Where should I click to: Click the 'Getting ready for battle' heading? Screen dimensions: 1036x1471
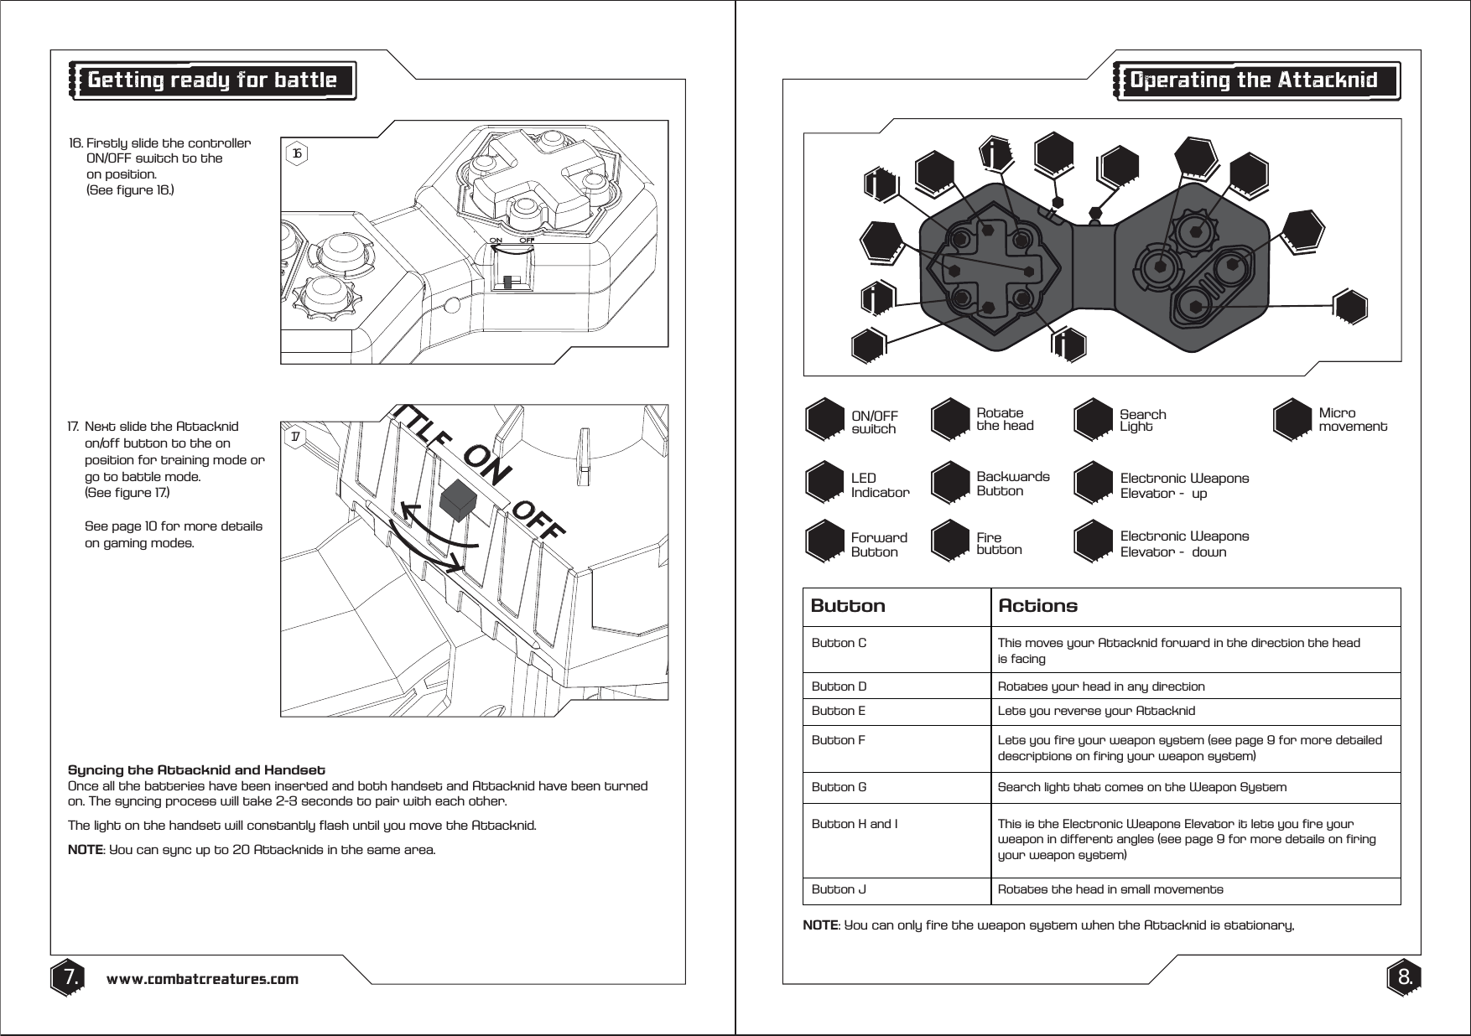click(212, 80)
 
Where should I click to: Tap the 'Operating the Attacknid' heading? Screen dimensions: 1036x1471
click(1254, 80)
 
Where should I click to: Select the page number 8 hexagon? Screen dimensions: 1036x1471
click(1404, 977)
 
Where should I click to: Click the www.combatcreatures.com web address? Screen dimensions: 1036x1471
click(202, 979)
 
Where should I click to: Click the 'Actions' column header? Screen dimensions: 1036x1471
click(1037, 606)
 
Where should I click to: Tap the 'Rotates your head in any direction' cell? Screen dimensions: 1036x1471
click(1100, 687)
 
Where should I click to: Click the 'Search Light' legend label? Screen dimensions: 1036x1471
click(1142, 421)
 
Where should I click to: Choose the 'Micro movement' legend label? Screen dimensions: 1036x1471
click(1352, 420)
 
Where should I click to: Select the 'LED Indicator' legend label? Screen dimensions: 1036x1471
click(880, 485)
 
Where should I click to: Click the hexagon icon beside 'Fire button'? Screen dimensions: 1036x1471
click(952, 541)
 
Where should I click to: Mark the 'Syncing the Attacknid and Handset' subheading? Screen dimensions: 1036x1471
click(196, 769)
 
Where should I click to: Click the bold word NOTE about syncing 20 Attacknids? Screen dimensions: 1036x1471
click(84, 850)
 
